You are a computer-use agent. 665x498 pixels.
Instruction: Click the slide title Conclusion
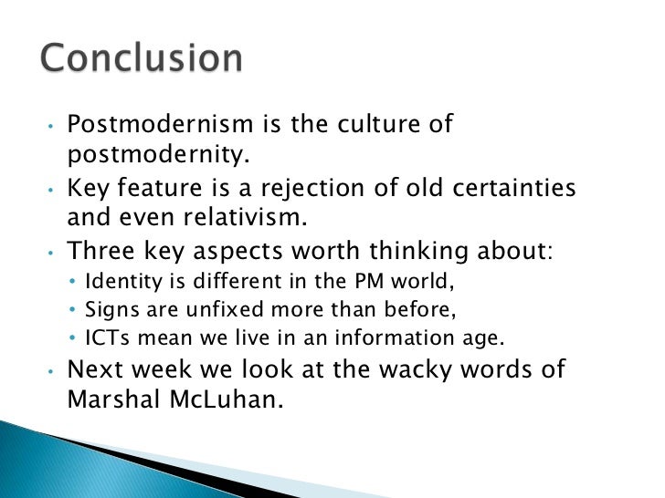point(142,59)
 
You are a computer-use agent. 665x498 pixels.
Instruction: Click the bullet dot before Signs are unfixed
point(75,309)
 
